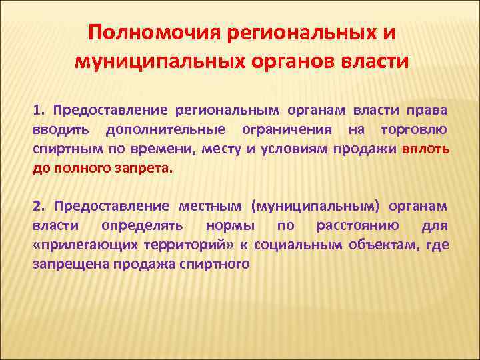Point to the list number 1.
[39, 109]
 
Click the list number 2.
[39, 207]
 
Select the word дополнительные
[164, 129]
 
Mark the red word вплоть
[425, 149]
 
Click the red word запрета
[149, 168]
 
